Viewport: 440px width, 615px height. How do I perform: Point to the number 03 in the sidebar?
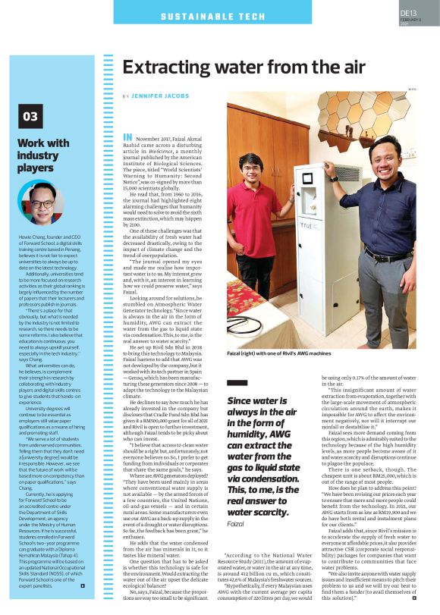coord(30,116)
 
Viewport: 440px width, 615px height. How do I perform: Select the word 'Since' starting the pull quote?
coord(225,379)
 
